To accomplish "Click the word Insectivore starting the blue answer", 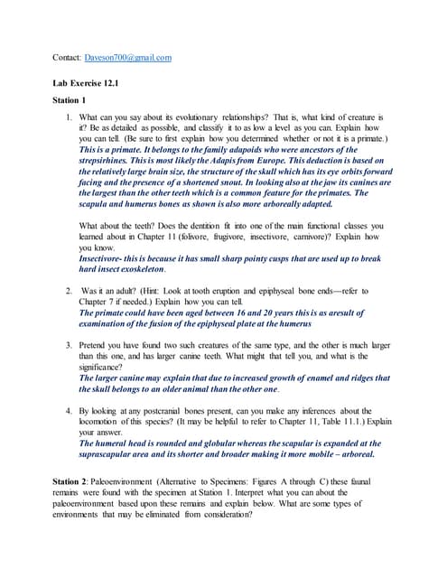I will [x=106, y=258].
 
